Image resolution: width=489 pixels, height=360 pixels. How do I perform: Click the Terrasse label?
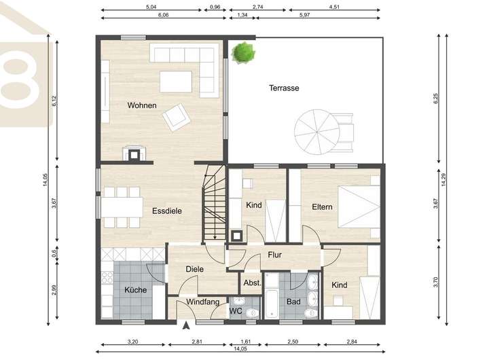(284, 88)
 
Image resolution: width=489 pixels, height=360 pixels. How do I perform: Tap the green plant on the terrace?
(243, 52)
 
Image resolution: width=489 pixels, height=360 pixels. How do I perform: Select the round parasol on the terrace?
(317, 132)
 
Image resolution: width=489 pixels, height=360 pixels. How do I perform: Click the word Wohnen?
(142, 105)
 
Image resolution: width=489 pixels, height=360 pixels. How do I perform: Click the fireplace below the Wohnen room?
(134, 154)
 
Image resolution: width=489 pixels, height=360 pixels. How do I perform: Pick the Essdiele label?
(167, 211)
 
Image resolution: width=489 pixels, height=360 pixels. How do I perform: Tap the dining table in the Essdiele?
(122, 206)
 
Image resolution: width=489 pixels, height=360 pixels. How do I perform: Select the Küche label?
(135, 290)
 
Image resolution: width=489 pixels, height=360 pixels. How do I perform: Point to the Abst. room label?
(252, 283)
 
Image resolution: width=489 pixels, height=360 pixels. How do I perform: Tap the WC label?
(236, 311)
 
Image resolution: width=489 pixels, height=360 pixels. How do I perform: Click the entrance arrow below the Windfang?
(186, 325)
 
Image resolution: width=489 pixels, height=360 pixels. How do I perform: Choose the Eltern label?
(322, 206)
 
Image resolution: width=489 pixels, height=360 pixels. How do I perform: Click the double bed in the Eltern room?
(359, 206)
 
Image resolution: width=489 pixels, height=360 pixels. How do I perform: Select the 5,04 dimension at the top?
(151, 7)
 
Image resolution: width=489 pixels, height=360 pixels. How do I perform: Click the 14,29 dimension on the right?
(443, 179)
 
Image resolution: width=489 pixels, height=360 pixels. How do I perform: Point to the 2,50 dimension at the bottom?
(293, 342)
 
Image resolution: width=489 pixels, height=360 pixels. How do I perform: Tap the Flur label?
(275, 255)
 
